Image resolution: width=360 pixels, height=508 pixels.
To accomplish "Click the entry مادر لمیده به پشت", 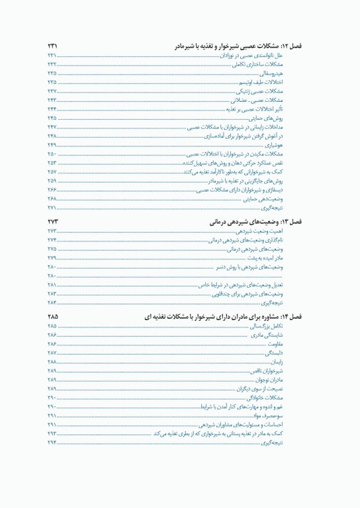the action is pyautogui.click(x=281, y=257).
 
